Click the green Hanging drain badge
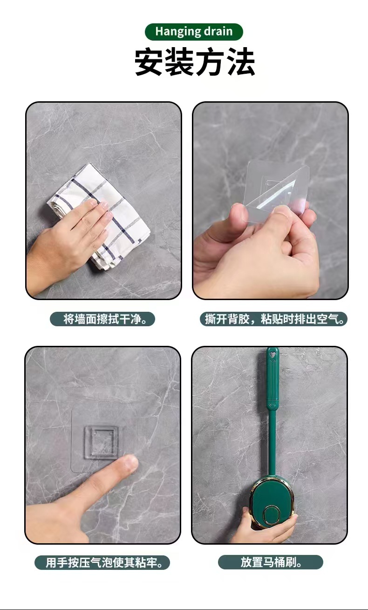pos(194,32)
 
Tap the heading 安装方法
pos(195,63)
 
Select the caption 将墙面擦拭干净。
pos(102,319)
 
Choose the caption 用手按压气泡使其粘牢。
pos(102,562)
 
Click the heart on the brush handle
pos(273,355)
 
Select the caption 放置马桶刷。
pos(271,562)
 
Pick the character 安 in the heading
pos(149,63)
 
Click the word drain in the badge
pos(218,32)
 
